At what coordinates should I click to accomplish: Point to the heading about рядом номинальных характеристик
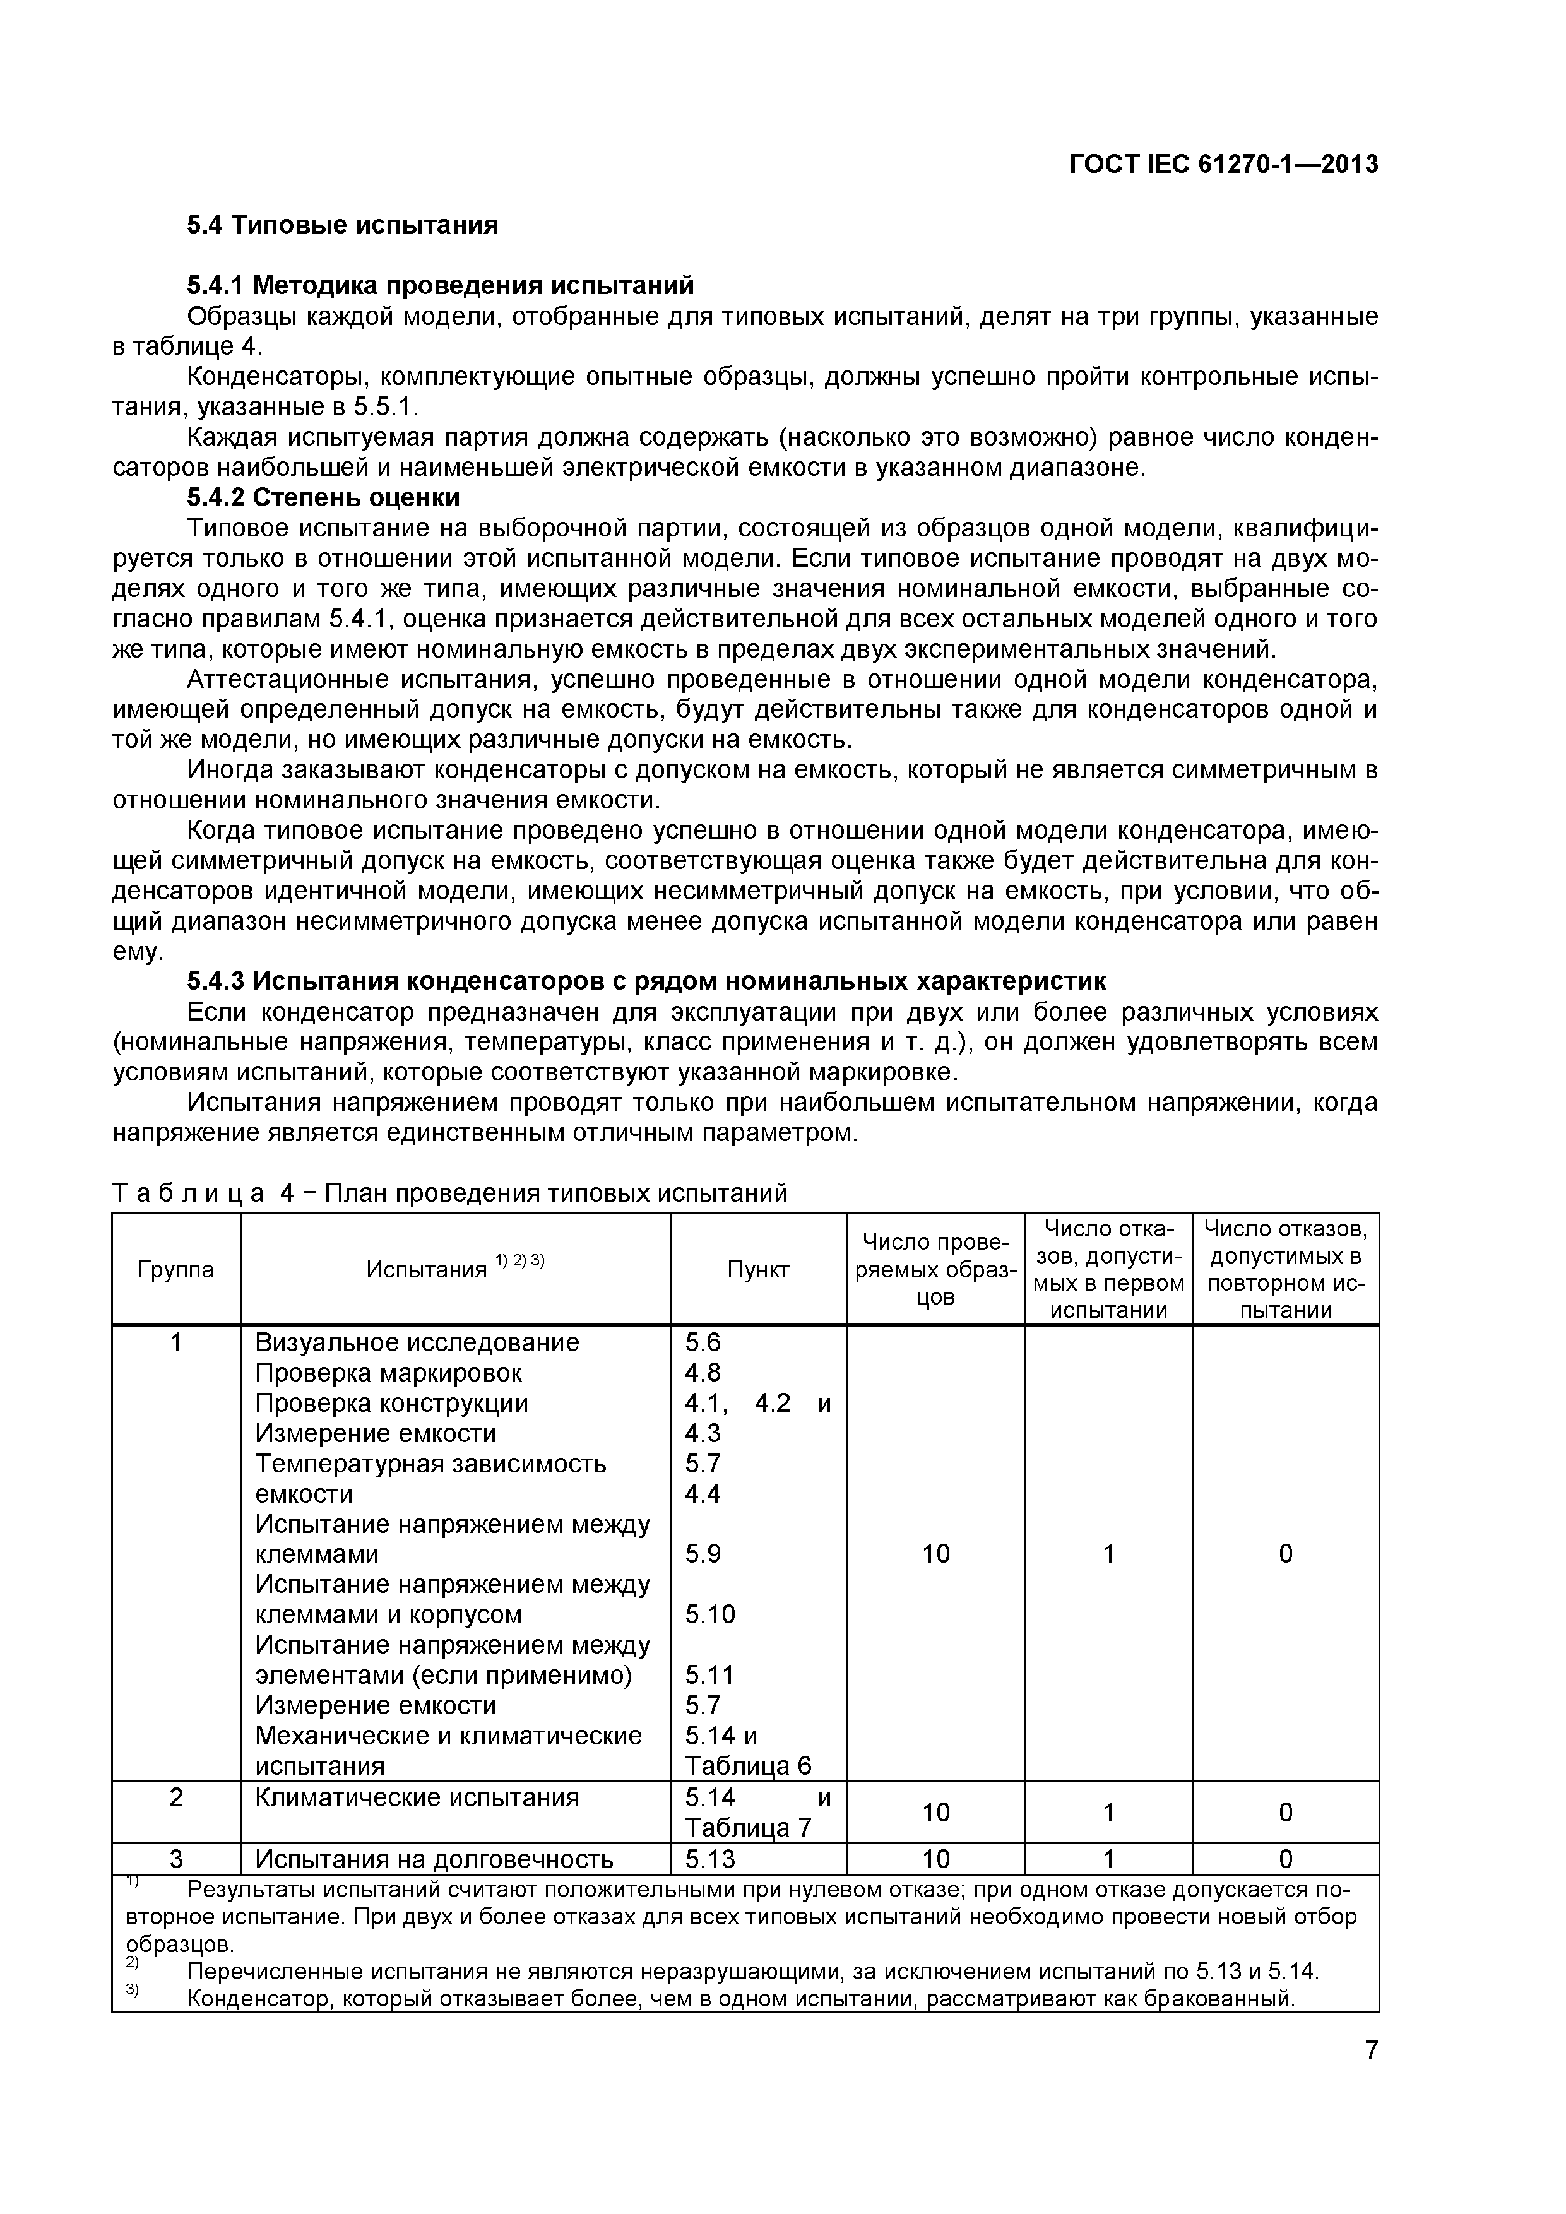click(646, 981)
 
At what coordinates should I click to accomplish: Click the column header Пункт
click(758, 1269)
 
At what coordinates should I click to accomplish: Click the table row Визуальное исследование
click(417, 1342)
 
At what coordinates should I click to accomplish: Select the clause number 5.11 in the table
click(709, 1675)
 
